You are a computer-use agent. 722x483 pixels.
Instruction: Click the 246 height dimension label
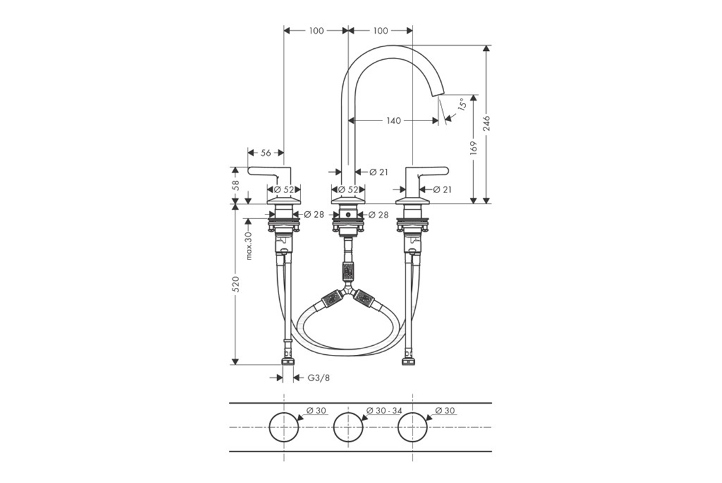click(x=487, y=124)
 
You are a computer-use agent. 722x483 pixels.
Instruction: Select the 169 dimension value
click(x=474, y=147)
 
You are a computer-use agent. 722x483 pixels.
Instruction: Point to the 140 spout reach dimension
click(x=393, y=120)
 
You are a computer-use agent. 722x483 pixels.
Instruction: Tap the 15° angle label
click(x=462, y=104)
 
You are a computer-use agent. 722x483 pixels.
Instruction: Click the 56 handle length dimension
click(x=266, y=152)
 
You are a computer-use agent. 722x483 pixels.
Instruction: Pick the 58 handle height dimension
click(x=236, y=185)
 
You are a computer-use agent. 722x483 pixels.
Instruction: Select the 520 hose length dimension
click(x=235, y=285)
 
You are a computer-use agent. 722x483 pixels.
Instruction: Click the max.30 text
click(x=249, y=246)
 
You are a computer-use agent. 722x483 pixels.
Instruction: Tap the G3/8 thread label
click(x=318, y=377)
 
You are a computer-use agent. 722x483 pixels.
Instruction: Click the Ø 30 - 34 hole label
click(x=384, y=410)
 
